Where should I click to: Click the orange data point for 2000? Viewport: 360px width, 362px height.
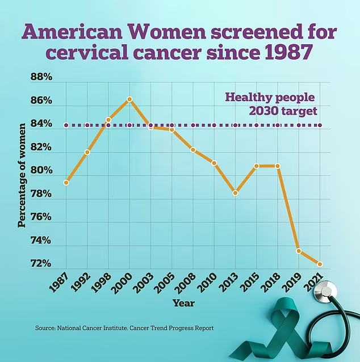click(x=129, y=99)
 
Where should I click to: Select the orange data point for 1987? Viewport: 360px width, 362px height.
click(x=66, y=183)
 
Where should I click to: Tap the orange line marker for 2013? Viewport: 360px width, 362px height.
click(x=235, y=193)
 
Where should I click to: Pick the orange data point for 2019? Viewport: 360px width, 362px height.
click(x=299, y=251)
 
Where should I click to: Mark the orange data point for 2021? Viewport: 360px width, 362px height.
click(x=320, y=264)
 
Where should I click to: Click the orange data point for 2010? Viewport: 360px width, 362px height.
click(x=214, y=163)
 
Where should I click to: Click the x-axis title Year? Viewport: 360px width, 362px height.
click(x=183, y=303)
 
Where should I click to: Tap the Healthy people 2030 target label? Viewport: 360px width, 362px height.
click(x=271, y=103)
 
